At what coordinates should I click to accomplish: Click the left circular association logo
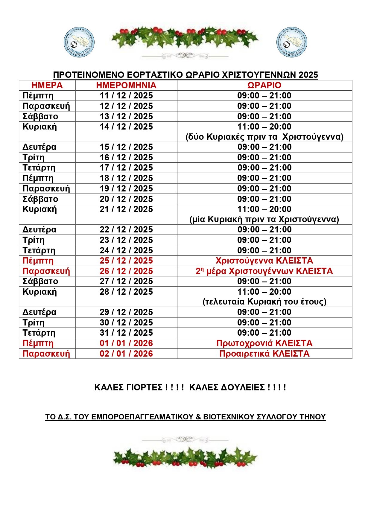79,42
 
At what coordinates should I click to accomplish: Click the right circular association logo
292,42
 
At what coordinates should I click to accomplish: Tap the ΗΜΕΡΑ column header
47,85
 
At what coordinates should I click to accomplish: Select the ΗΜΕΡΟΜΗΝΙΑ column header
126,85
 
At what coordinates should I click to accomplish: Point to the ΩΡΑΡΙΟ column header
264,85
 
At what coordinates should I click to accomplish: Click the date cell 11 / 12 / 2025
126,96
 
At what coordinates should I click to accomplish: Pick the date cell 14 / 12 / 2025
126,127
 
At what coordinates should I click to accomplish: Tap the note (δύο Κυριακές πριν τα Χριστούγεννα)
264,137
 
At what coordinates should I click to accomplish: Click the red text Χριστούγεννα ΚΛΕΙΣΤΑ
264,261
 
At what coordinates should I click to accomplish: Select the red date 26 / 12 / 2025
126,271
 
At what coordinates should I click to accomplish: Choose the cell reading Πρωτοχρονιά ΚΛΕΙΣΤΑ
264,343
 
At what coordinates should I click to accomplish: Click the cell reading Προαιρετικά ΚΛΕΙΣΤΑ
264,354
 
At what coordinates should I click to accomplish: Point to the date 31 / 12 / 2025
126,333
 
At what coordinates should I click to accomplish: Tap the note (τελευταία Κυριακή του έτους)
264,302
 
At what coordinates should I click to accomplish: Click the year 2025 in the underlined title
308,75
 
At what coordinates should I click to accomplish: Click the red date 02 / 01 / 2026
126,354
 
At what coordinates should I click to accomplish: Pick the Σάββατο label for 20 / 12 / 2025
40,199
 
